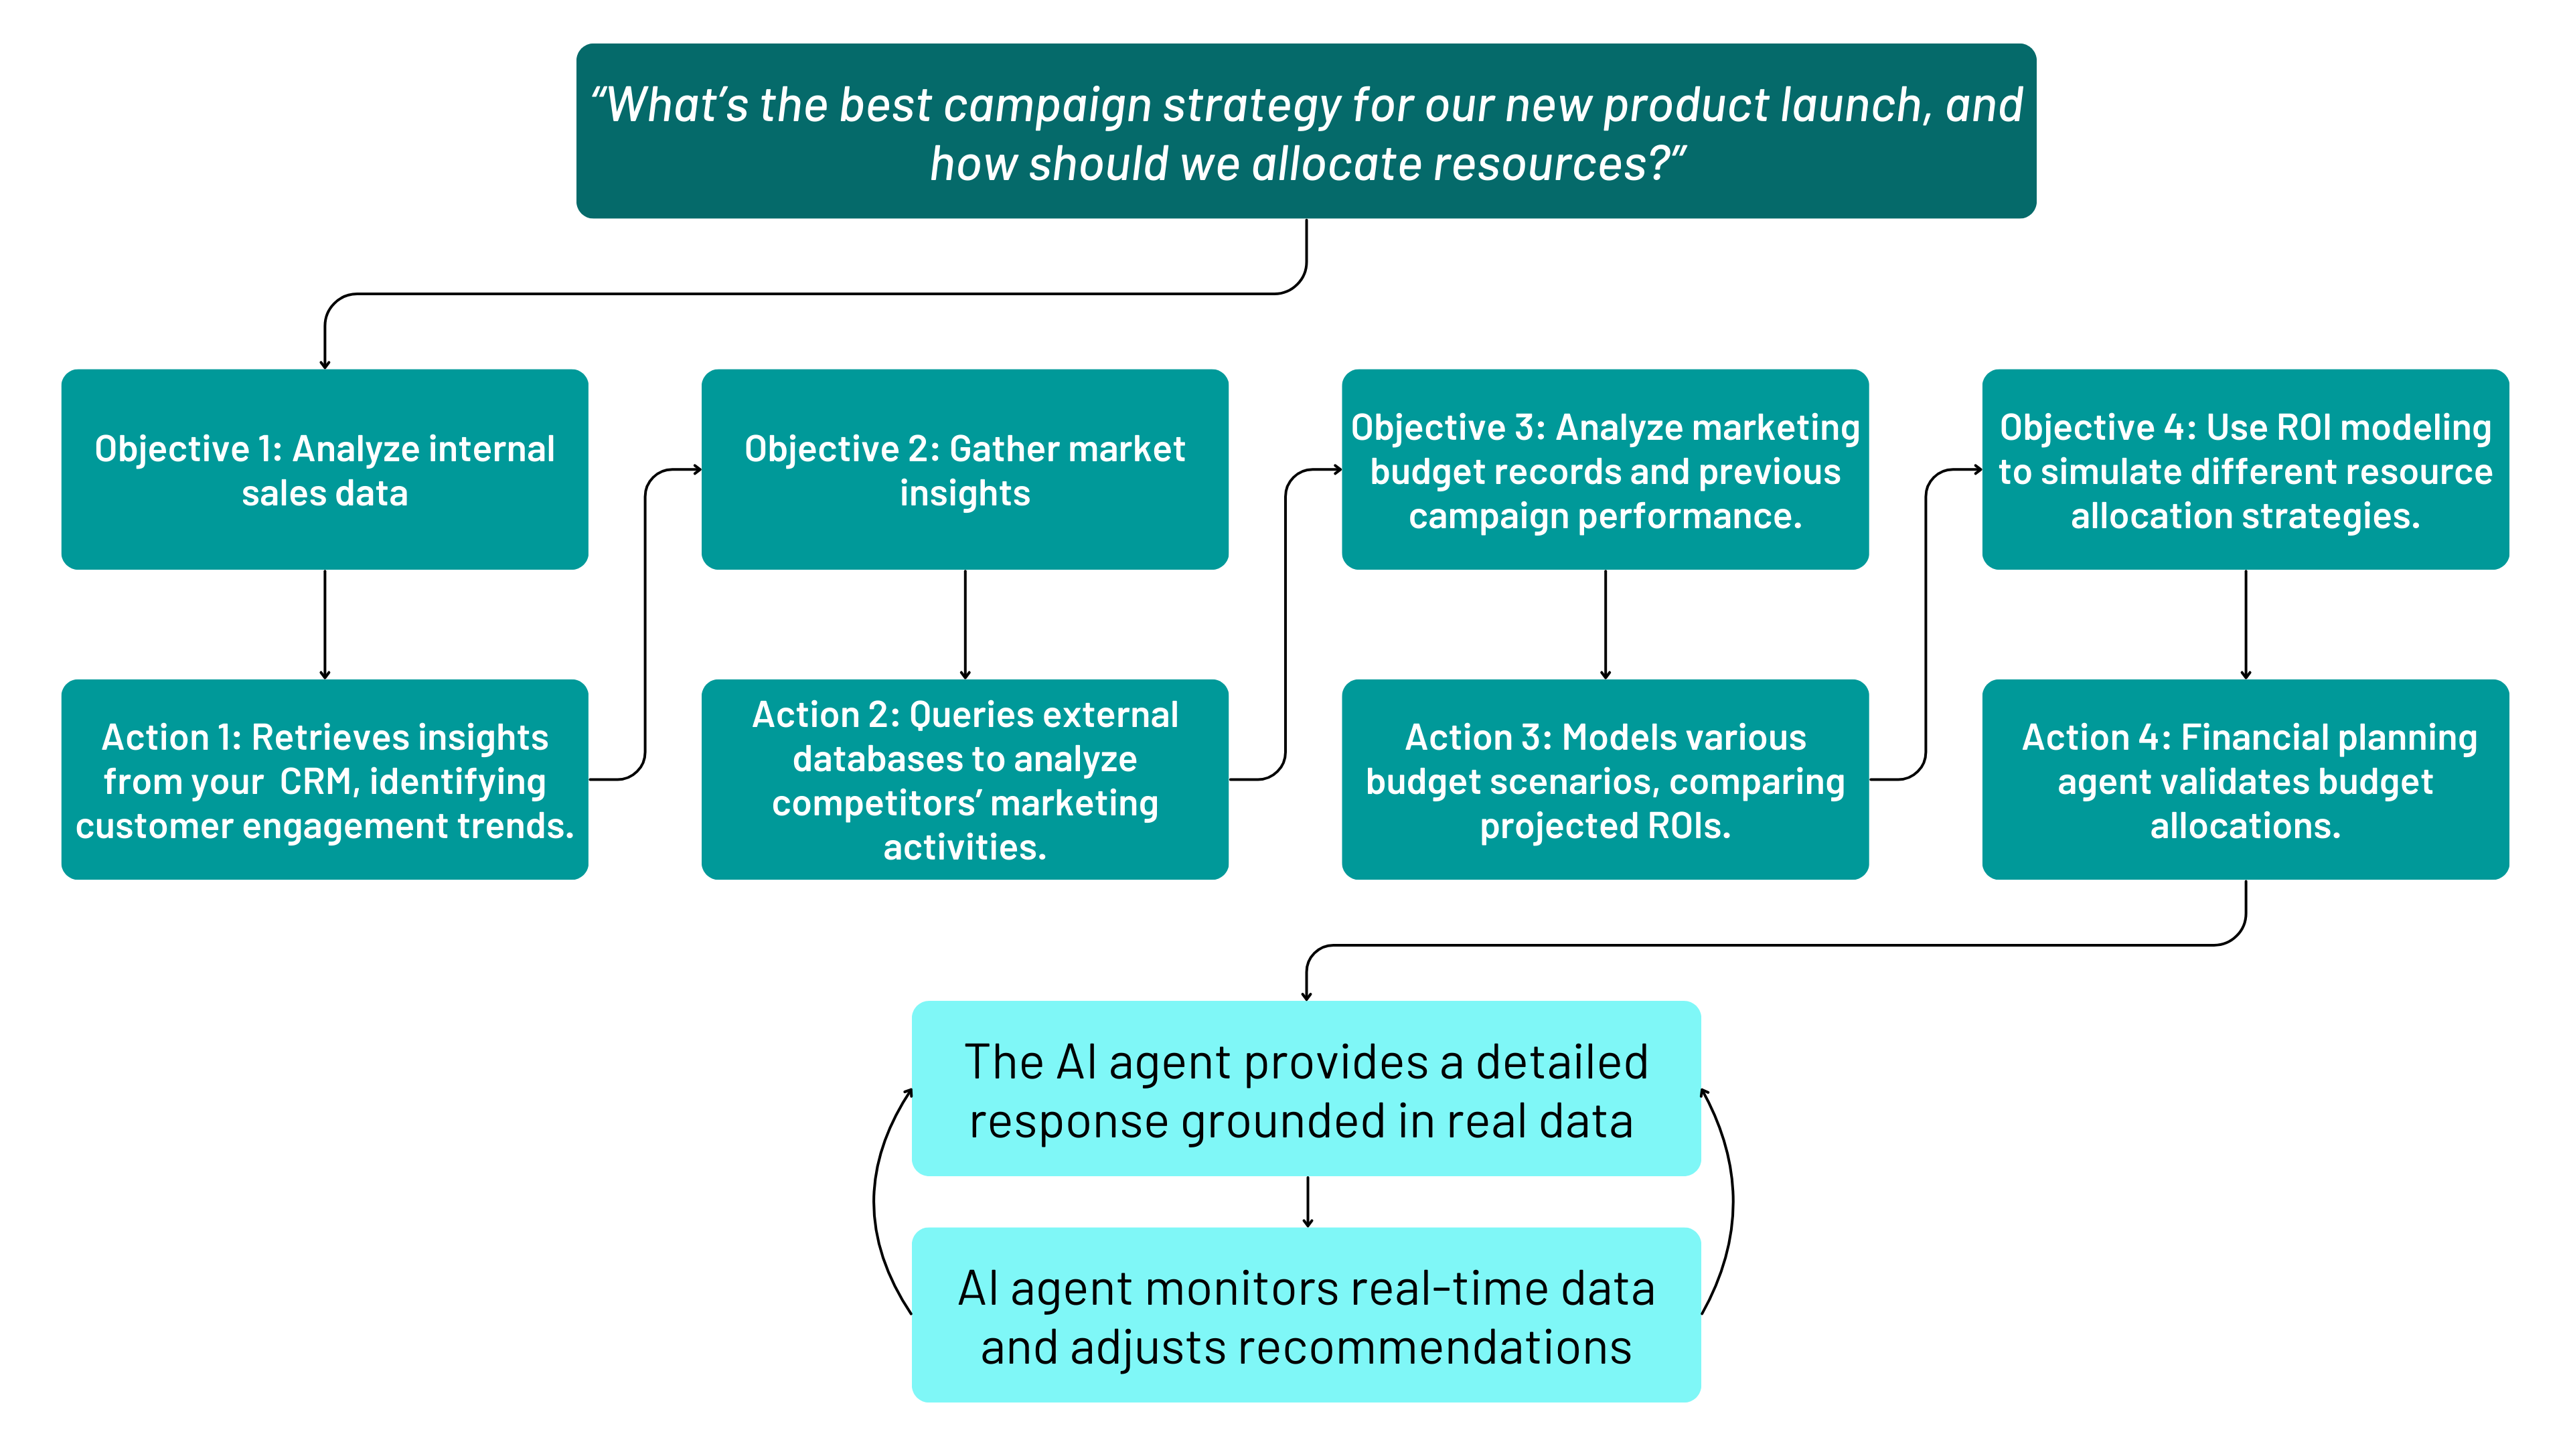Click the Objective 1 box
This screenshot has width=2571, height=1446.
point(324,470)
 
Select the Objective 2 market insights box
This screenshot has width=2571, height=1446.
point(964,470)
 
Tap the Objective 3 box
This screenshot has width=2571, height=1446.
point(1605,470)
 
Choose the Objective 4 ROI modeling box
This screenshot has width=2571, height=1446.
point(2246,470)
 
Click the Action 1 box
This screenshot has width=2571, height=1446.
point(324,779)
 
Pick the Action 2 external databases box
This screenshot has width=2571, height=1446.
point(964,779)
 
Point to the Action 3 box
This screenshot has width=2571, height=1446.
point(1605,779)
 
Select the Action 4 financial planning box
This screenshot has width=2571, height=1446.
point(2246,779)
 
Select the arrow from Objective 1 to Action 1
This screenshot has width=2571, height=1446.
point(324,625)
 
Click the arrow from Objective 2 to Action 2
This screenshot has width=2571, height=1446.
point(965,625)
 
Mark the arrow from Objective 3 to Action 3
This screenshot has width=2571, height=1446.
point(1605,625)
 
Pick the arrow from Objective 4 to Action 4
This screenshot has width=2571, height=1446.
point(2246,625)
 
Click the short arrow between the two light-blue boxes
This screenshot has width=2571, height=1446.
point(1308,1202)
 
